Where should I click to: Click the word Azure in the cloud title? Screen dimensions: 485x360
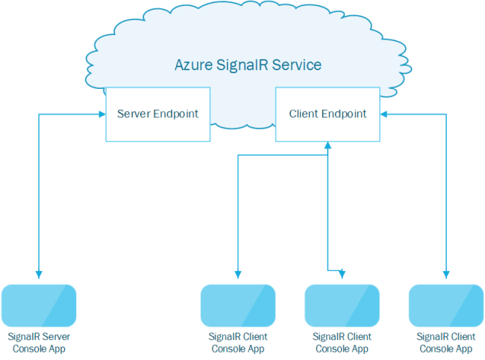click(x=194, y=65)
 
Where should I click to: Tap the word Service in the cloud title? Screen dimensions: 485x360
click(x=297, y=65)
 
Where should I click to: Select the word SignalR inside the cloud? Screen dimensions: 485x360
click(x=242, y=65)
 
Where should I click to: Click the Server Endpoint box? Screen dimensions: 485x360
click(x=158, y=114)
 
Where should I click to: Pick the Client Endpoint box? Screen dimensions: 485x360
click(x=328, y=114)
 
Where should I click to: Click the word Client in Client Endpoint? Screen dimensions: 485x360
click(x=303, y=114)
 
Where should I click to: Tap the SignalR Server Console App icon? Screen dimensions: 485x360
click(x=39, y=305)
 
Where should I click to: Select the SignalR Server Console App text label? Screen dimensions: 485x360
click(x=39, y=343)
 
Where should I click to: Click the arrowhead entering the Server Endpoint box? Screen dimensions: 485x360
click(x=102, y=114)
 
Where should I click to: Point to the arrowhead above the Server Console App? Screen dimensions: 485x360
click(x=39, y=275)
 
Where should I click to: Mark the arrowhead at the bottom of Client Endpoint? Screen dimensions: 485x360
click(x=328, y=145)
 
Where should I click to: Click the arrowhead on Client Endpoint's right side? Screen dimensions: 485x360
click(x=384, y=114)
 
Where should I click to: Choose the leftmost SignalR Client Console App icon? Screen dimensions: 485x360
click(x=238, y=305)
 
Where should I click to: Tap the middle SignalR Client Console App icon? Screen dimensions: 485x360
click(x=342, y=305)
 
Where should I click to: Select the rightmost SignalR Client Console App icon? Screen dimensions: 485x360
click(x=446, y=305)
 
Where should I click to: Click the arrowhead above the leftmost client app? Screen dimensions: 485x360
click(x=238, y=275)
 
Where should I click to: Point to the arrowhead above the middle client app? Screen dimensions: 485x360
click(x=342, y=275)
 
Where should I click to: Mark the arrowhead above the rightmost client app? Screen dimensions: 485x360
click(x=446, y=275)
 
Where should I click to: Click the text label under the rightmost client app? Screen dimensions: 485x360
click(x=446, y=343)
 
